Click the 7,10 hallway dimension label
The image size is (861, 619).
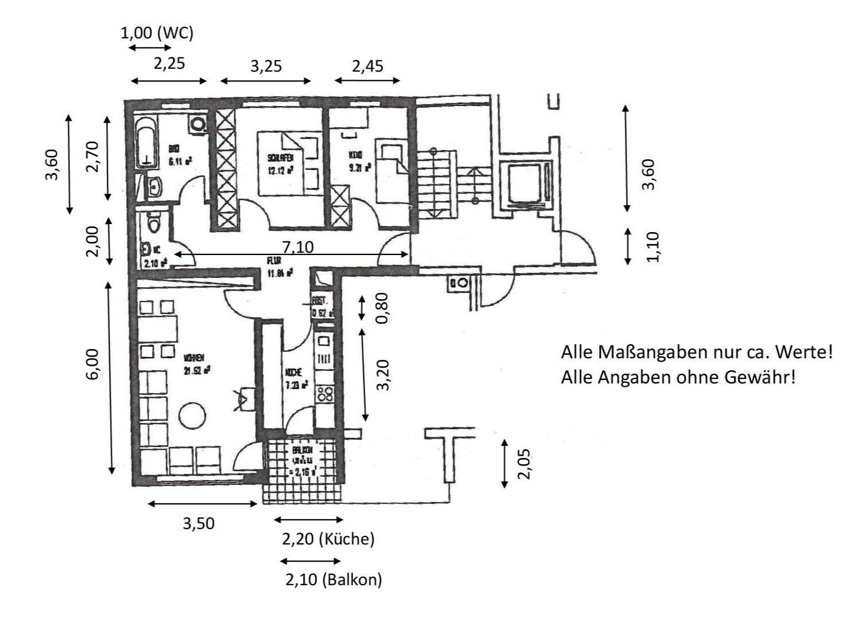coord(298,247)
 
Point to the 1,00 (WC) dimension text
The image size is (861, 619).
coord(157,33)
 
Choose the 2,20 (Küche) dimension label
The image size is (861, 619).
coord(328,539)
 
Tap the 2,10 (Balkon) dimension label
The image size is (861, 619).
coord(334,579)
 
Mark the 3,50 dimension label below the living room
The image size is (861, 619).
coord(198,523)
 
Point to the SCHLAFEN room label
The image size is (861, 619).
coord(280,156)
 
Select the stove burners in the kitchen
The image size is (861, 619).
coord(326,395)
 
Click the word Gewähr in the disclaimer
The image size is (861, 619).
coord(767,377)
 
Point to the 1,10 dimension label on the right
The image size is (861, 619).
coord(653,246)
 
